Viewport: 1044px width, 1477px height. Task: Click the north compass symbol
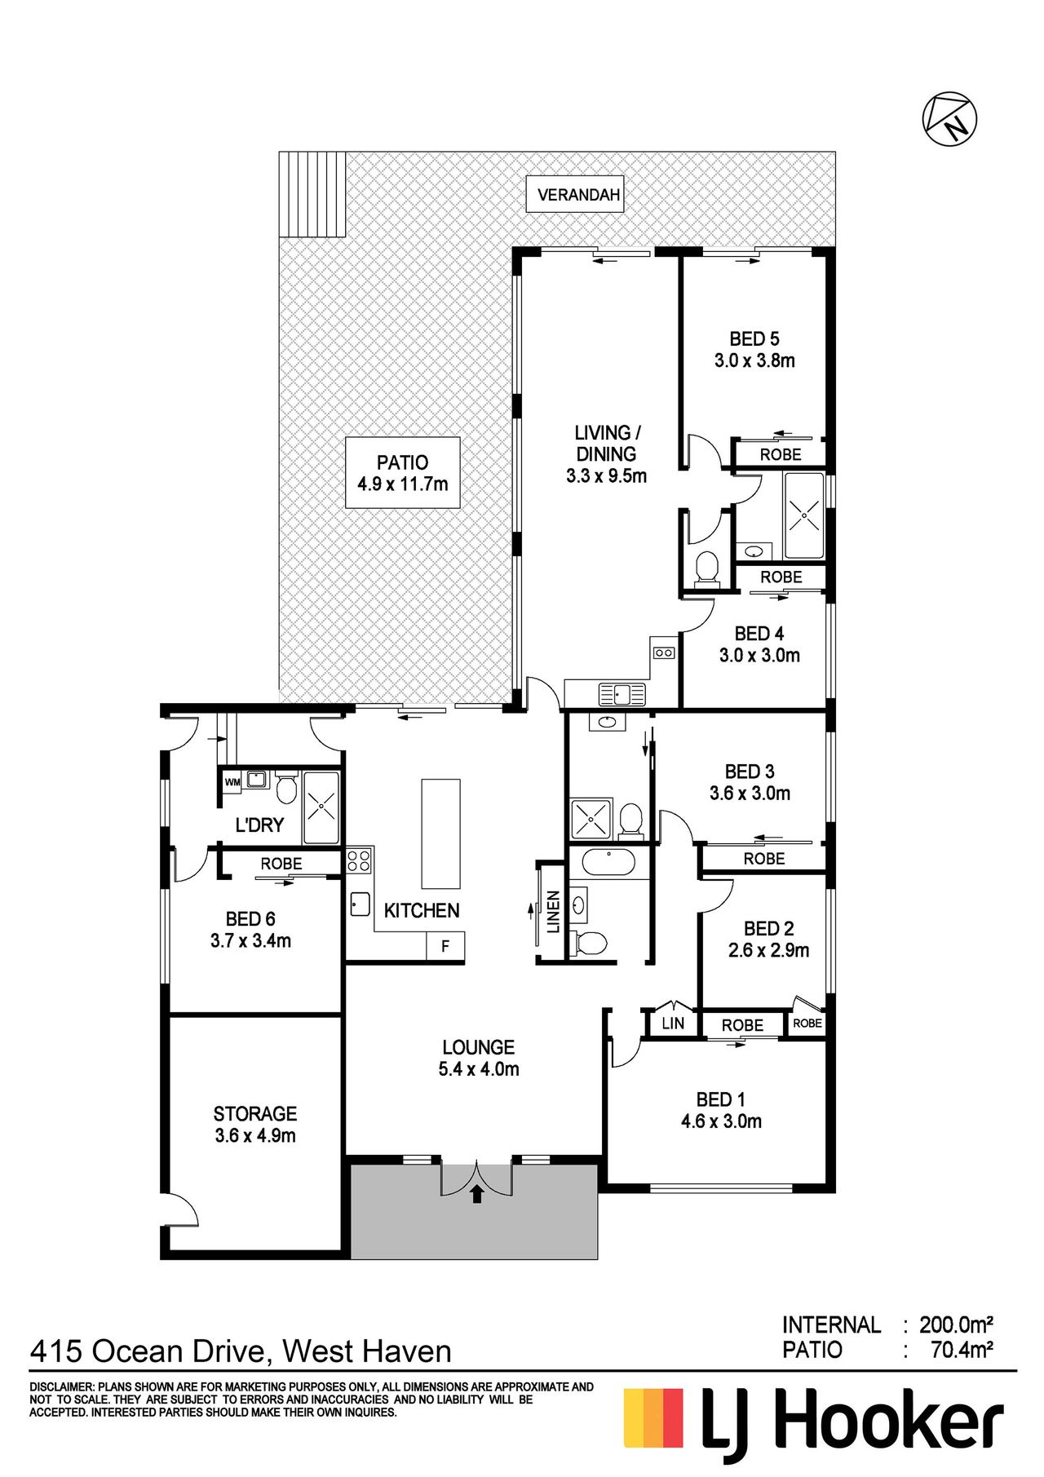[949, 119]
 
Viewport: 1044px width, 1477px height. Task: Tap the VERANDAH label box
[575, 195]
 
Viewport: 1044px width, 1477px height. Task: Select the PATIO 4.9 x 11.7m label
[403, 473]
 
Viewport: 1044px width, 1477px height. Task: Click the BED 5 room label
[754, 338]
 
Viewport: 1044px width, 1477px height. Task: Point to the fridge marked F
[445, 946]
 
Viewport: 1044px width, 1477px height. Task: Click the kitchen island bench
[440, 834]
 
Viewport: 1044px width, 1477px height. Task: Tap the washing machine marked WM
[232, 781]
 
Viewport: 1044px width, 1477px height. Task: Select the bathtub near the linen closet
[608, 862]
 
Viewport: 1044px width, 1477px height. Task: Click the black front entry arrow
[477, 1193]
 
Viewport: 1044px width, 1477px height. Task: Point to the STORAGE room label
[255, 1114]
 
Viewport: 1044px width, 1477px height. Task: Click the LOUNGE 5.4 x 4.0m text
[479, 1058]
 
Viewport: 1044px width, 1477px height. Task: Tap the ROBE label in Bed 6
[281, 864]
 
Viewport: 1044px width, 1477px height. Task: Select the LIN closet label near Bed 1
[673, 1023]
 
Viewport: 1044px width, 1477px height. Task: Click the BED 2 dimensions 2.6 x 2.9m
[769, 950]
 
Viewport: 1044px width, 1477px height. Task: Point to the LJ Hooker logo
[813, 1424]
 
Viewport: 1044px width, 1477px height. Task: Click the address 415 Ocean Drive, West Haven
[241, 1351]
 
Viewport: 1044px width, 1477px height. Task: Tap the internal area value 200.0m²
[956, 1324]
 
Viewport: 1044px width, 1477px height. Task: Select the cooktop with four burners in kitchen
[359, 860]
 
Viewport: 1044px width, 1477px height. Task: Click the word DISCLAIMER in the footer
[62, 1386]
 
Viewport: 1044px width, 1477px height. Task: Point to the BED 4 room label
[759, 634]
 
